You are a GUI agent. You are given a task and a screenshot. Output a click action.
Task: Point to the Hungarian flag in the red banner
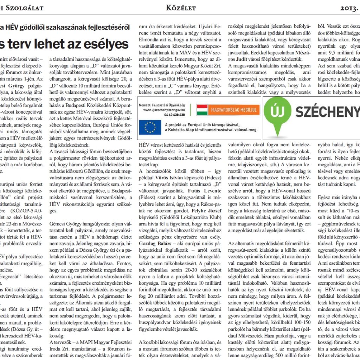tap(202, 110)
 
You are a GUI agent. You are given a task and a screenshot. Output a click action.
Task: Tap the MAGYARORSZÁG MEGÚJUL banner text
tap(233, 110)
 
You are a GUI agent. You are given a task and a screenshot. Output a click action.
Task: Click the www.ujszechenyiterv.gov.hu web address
tap(164, 110)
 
